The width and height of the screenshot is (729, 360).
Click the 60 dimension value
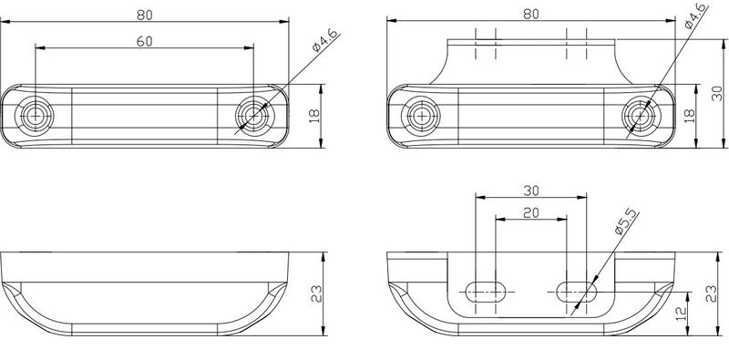tap(145, 41)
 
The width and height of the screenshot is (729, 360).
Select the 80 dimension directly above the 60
tap(145, 15)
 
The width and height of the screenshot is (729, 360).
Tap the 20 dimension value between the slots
tap(531, 212)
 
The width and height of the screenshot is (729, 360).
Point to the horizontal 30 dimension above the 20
tap(531, 190)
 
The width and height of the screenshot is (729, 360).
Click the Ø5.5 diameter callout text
tap(624, 222)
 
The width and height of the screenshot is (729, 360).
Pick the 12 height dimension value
tap(681, 314)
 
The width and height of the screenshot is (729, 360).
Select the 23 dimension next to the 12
tap(712, 294)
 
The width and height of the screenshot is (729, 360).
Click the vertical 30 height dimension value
tap(717, 93)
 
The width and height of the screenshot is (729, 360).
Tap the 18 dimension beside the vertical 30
tap(690, 117)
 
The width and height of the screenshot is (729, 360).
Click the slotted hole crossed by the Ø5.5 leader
tap(576, 292)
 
